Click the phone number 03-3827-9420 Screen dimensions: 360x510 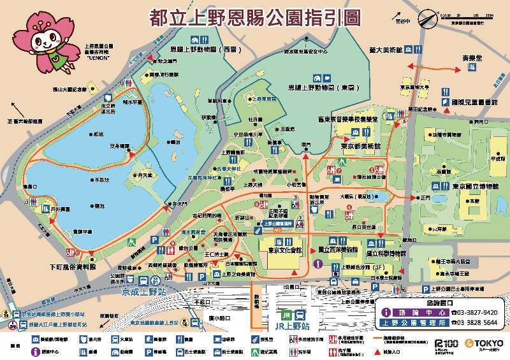pyautogui.click(x=474, y=313)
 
